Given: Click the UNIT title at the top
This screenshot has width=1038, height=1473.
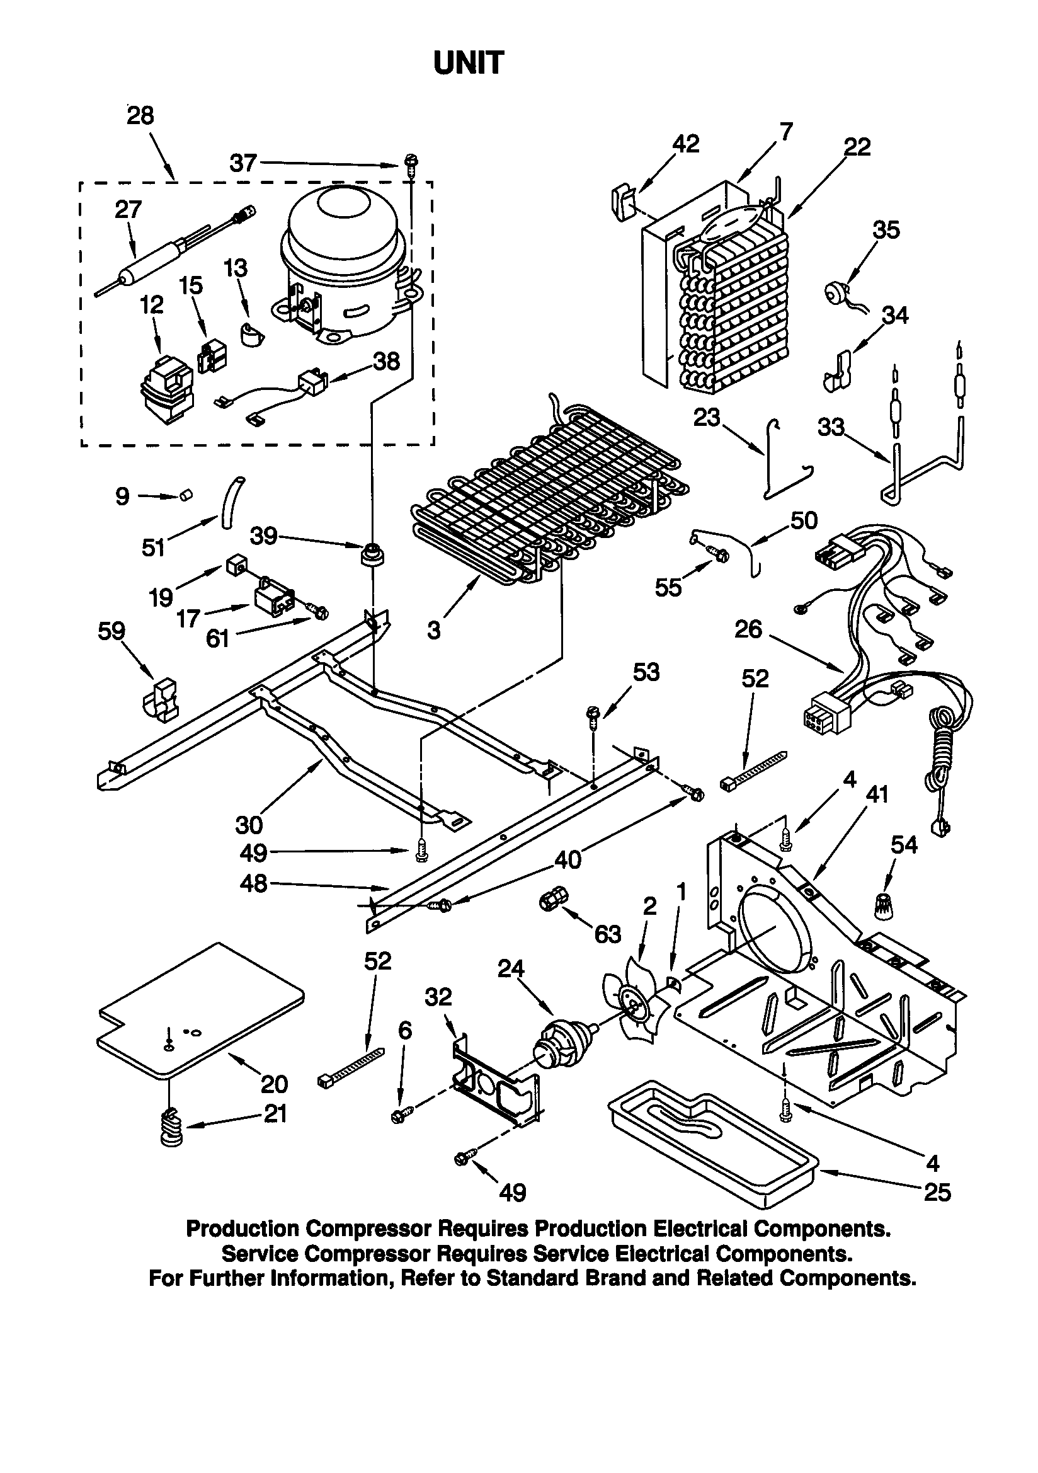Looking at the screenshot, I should [469, 64].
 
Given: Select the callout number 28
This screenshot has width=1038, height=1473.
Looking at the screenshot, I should [140, 116].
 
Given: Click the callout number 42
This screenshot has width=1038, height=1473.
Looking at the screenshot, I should [685, 144].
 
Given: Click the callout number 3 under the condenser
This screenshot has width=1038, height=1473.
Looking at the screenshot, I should [434, 631].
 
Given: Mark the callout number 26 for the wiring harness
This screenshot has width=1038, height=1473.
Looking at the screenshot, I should [748, 629].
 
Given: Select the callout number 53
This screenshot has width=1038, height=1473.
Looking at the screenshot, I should [646, 672].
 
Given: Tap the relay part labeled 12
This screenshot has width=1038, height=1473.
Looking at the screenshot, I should [166, 390].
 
